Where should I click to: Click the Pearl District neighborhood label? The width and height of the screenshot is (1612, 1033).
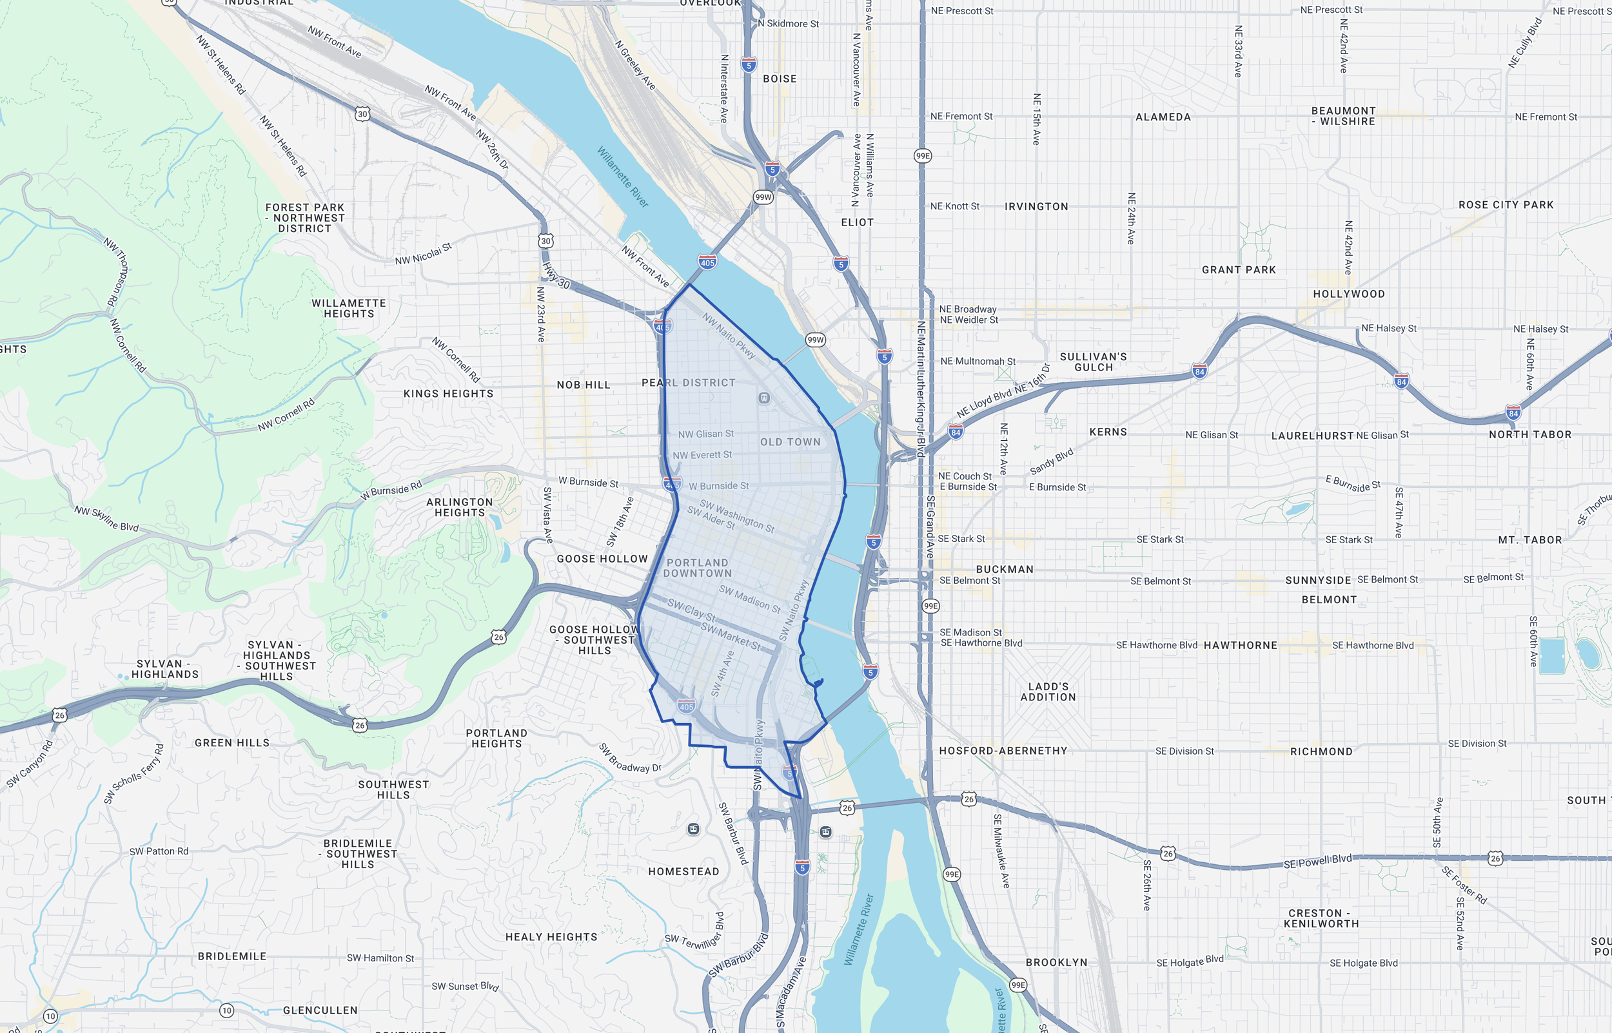point(689,382)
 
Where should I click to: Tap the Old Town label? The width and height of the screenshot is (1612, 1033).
point(790,442)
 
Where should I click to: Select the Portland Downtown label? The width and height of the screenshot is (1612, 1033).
point(697,568)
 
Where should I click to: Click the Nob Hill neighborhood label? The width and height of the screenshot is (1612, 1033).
point(583,385)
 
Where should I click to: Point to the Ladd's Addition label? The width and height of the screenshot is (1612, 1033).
point(1048,691)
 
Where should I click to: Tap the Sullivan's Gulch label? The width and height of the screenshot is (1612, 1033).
point(1093,362)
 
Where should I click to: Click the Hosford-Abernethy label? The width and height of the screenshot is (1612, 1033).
point(1003,751)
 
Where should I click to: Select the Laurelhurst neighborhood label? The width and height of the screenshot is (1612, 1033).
point(1312,436)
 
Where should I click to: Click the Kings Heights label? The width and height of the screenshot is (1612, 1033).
point(448,394)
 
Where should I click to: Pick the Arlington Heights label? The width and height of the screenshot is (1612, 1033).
point(460,507)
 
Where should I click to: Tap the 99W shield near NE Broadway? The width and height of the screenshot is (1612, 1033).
point(816,340)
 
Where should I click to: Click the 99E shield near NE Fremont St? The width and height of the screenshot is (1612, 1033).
point(923,155)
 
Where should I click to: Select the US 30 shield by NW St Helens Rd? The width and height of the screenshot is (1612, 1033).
point(362,114)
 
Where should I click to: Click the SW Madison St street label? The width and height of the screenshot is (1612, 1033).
point(750,599)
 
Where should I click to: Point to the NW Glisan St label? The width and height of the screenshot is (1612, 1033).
point(705,434)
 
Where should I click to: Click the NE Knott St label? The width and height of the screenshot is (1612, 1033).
point(954,207)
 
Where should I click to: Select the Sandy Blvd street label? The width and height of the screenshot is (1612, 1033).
point(1051,461)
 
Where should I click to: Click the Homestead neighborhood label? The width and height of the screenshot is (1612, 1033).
point(683,871)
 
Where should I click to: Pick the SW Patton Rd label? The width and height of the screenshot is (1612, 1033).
point(159,851)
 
